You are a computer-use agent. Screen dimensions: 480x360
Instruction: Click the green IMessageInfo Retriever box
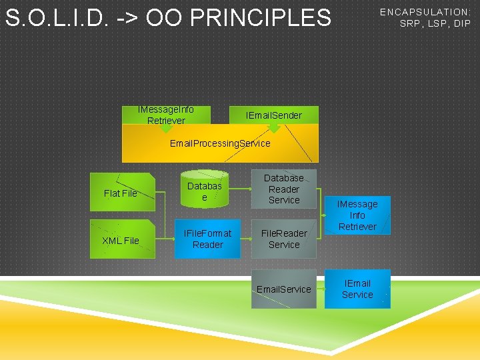pos(166,115)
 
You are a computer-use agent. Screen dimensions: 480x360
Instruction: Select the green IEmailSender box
pos(273,115)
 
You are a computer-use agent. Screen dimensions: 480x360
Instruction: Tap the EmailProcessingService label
pos(220,143)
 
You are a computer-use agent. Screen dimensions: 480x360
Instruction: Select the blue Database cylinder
pos(204,192)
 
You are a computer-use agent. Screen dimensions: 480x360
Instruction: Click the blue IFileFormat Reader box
pos(207,239)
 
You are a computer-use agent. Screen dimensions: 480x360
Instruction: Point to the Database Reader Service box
pos(284,189)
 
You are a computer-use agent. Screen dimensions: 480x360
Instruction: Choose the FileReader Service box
pos(284,239)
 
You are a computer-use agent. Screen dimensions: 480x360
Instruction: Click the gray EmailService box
pos(284,289)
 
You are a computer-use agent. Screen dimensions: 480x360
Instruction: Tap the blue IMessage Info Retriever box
pos(357,215)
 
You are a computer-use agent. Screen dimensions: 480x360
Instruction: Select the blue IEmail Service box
pos(357,289)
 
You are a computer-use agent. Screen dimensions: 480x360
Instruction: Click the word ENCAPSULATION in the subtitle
pos(425,12)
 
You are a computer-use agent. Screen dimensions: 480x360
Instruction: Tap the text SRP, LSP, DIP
pos(435,23)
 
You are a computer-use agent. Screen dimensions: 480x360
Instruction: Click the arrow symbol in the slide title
pos(127,18)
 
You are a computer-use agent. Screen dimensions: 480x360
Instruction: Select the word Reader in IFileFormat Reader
pos(207,245)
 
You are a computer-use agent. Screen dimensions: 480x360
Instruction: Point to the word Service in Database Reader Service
pos(284,200)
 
